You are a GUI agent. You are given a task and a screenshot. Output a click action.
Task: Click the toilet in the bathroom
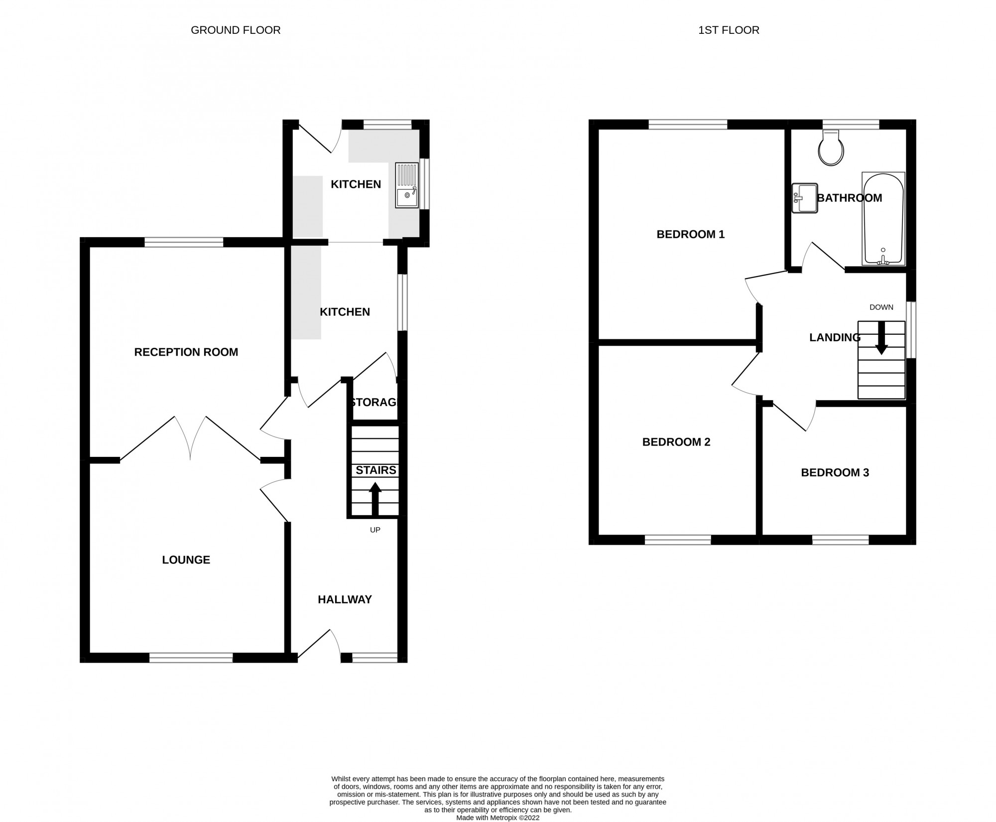pos(831,149)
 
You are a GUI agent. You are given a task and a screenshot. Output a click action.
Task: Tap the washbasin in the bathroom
pos(805,198)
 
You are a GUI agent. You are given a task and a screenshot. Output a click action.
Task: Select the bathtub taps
pos(883,258)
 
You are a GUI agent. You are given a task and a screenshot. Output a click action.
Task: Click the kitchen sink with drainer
pos(407,185)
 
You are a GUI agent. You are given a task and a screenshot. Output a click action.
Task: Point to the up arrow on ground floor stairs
pos(375,498)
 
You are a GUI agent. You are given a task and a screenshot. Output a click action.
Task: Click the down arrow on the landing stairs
pos(881,339)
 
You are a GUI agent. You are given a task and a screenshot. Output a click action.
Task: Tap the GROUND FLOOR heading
pos(236,30)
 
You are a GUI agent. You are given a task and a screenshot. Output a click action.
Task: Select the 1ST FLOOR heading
pos(729,30)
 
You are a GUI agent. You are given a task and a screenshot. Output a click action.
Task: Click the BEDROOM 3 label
pos(835,472)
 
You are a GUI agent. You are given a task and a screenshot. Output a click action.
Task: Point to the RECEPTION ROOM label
pos(186,352)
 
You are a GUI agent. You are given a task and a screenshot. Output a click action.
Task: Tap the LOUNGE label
pos(186,560)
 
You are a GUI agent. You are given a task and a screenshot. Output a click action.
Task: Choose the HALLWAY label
pos(345,599)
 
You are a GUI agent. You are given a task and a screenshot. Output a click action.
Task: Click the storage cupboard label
pos(374,402)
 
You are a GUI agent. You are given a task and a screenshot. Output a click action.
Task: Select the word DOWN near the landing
pos(881,307)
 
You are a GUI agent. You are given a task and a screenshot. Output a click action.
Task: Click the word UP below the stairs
pos(375,530)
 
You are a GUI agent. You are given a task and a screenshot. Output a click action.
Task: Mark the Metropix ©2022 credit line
pos(498,818)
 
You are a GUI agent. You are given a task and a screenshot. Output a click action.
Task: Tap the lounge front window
pos(191,658)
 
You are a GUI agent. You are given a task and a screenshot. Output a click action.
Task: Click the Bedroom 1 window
pos(688,124)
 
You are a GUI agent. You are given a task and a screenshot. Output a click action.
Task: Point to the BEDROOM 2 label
pos(676,442)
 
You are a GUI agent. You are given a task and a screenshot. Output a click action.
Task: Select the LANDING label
pos(835,338)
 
